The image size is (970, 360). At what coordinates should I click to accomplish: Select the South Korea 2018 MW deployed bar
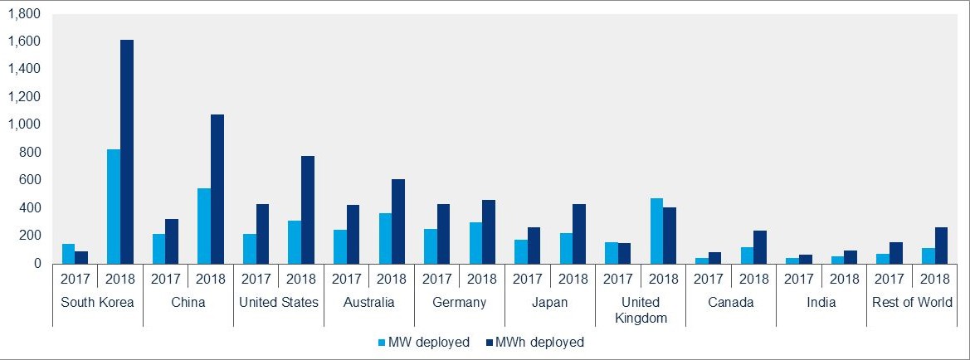click(114, 207)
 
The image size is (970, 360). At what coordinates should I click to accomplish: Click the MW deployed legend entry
click(423, 342)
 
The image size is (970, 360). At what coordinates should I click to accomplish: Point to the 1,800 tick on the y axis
click(24, 14)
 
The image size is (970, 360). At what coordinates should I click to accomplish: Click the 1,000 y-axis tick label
click(24, 124)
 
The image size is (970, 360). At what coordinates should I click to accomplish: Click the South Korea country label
click(98, 302)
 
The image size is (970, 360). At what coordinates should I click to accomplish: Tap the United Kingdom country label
click(641, 309)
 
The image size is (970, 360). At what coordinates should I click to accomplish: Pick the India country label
click(821, 302)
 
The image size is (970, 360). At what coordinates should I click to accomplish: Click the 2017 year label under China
click(166, 279)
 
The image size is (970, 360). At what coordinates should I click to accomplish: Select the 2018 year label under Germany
click(482, 279)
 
